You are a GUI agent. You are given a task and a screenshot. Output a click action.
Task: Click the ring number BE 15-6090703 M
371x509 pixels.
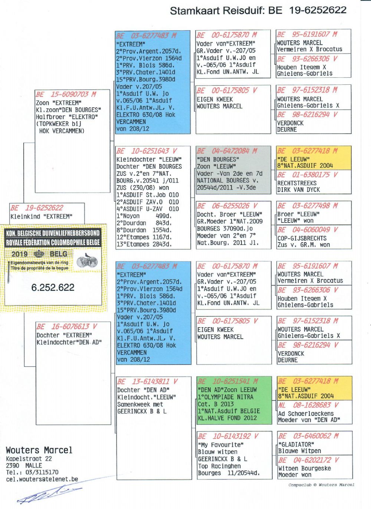[66, 94]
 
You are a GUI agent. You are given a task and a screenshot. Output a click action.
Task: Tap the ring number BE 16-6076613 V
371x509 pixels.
[67, 327]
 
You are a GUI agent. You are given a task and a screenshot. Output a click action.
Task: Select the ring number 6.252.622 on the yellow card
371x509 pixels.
[53, 287]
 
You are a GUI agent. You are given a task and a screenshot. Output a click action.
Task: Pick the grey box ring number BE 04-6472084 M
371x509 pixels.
[227, 151]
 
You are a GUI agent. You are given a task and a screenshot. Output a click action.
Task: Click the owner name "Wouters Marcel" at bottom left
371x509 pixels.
[39, 450]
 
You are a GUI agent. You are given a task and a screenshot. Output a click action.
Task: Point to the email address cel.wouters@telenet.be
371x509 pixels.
[42, 479]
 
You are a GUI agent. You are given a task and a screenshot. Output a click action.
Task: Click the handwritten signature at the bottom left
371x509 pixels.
[48, 494]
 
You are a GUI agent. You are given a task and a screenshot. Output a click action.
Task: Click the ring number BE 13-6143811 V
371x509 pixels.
[147, 381]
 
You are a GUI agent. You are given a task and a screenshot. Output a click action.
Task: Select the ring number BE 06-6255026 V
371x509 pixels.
[227, 206]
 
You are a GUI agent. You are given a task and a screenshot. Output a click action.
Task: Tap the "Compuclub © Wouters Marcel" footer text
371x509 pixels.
[321, 485]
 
